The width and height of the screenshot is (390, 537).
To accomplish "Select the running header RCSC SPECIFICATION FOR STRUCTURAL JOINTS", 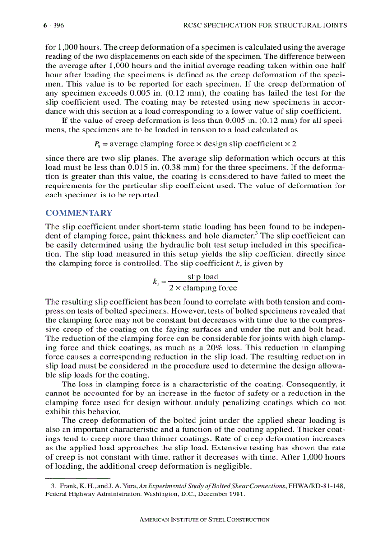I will (265, 25).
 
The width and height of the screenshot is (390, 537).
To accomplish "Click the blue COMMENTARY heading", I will (79, 213).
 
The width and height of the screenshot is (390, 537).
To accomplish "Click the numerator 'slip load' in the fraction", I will (203, 276).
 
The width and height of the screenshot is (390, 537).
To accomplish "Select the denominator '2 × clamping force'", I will (203, 288).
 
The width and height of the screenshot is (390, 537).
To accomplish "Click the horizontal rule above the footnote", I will (77, 477).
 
